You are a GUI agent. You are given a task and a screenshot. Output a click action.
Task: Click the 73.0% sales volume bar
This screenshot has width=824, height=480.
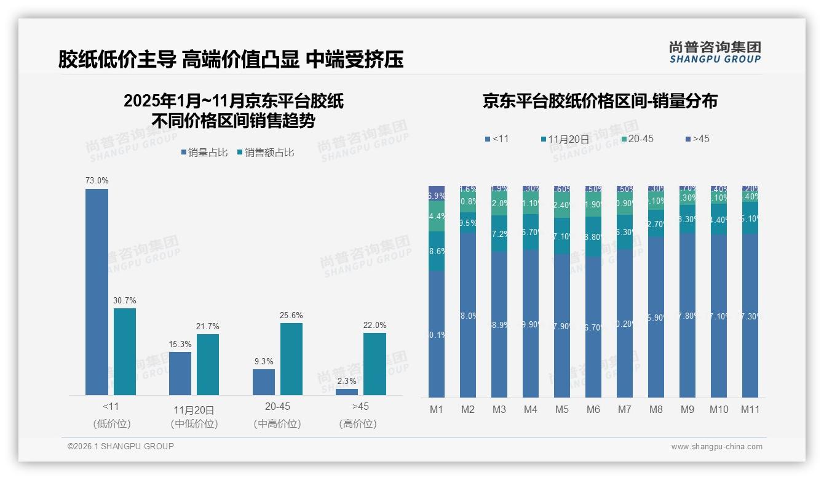[x=97, y=292]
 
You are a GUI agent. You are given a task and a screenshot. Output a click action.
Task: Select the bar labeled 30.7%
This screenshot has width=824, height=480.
[x=125, y=351]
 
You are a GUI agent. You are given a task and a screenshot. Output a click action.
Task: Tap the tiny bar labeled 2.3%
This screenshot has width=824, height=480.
[x=347, y=391]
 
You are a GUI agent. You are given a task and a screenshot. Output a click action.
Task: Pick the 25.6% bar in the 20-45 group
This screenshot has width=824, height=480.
[x=291, y=359]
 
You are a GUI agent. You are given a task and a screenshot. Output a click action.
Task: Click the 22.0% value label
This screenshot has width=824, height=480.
[x=375, y=325]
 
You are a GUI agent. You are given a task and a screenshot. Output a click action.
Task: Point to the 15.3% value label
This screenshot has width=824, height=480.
[x=180, y=344]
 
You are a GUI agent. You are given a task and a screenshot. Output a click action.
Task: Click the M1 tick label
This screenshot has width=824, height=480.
[x=436, y=409]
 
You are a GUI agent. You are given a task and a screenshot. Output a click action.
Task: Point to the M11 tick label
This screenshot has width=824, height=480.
[x=750, y=409]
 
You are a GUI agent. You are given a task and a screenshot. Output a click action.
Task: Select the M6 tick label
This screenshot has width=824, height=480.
[x=593, y=409]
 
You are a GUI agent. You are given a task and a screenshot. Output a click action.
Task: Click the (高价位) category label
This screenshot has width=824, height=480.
[x=357, y=424]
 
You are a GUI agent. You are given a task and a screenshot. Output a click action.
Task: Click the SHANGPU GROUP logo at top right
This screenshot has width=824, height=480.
[x=715, y=52]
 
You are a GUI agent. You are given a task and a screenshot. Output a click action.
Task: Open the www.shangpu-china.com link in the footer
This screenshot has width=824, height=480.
[x=716, y=447]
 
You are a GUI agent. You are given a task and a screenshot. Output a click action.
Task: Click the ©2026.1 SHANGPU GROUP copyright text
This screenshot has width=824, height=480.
[x=121, y=446]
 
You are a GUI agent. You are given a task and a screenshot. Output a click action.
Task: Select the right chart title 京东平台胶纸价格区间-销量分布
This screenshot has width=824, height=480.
[x=600, y=102]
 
